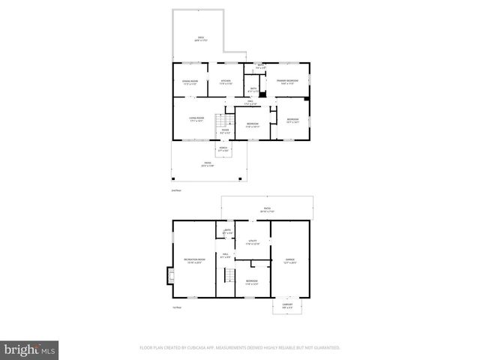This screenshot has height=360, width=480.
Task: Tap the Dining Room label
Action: click(190, 82)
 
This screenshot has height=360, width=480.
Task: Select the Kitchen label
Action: click(225, 82)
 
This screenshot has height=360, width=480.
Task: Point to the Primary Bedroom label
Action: click(287, 81)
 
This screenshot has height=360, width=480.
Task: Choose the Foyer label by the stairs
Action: click(224, 131)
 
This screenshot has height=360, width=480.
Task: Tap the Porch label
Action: click(223, 148)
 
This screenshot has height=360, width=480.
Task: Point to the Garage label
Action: click(289, 260)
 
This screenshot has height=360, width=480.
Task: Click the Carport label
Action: click(287, 305)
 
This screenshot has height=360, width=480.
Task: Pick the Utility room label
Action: click(253, 242)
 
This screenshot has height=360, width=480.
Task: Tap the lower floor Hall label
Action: click(224, 256)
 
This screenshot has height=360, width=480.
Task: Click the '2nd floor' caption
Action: click(177, 190)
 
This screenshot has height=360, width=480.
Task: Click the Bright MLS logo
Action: click(30, 349)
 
